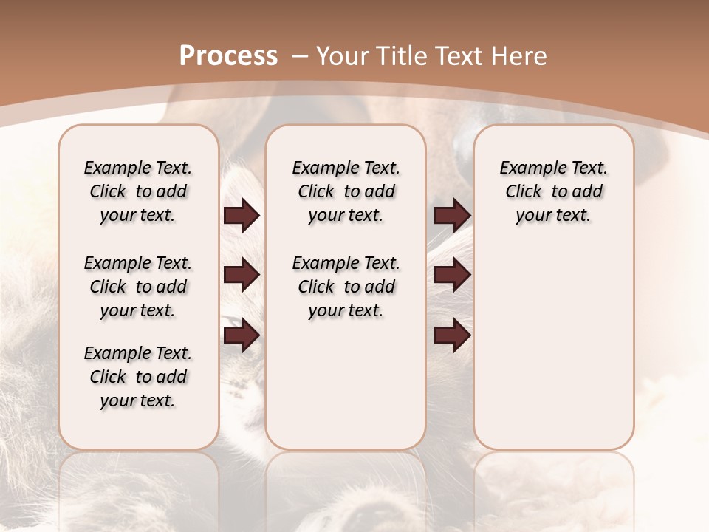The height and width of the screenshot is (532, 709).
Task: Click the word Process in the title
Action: coord(228,56)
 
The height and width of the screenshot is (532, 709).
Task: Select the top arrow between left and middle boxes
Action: coord(242,216)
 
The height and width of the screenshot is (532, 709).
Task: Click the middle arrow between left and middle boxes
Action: coord(242,275)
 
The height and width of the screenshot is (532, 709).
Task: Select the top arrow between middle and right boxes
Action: coord(452,216)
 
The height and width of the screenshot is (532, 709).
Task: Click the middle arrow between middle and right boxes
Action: coord(452,275)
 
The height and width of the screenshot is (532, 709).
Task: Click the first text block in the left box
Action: coord(138,191)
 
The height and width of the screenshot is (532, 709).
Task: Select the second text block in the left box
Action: coord(138,287)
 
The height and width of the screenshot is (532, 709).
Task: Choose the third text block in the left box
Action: coord(138,377)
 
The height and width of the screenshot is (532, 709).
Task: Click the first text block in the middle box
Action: coord(346,191)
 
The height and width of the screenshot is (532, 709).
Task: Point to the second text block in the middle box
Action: coord(346,287)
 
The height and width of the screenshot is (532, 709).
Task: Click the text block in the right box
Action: coord(554,191)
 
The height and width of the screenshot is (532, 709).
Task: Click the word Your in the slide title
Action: coord(341,56)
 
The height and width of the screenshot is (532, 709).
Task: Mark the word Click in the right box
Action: coord(524,192)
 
